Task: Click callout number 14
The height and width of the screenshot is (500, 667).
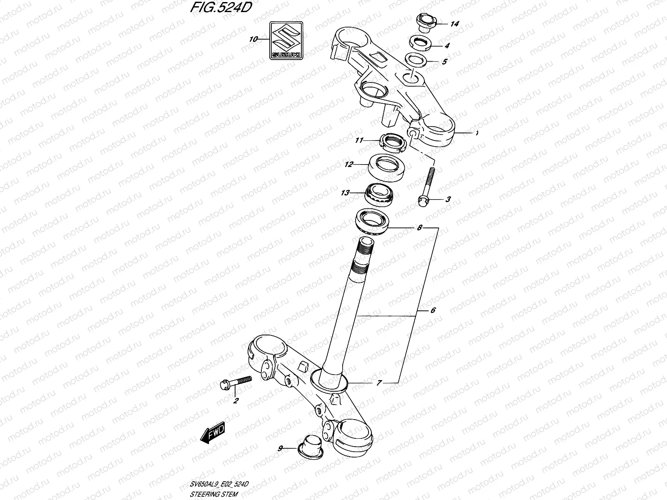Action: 454,24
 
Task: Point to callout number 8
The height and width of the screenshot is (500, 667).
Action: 420,228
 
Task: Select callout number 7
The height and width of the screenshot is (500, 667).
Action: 379,382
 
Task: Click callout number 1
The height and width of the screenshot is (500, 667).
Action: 476,98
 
